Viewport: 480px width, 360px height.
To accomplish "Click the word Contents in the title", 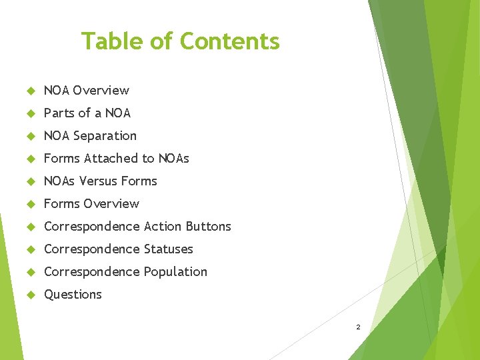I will [230, 41].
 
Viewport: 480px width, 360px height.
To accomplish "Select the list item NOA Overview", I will [86, 90].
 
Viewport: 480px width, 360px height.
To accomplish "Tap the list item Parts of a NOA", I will [87, 113].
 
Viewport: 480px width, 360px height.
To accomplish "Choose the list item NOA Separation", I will [90, 135].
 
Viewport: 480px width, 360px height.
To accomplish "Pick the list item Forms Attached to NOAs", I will [116, 158].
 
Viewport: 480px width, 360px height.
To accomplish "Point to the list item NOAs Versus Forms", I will [100, 181].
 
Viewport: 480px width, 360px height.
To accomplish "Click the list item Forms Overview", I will [91, 203].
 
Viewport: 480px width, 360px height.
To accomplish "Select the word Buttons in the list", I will [209, 226].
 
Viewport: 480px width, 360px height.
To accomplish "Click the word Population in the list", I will [176, 271].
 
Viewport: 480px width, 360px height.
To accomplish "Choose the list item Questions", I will [73, 294].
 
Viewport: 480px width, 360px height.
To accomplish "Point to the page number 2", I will [358, 327].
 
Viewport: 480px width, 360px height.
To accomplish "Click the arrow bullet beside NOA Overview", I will [29, 91].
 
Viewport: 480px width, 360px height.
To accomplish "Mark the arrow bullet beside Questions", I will [29, 295].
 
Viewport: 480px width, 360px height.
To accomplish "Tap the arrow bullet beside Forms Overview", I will [29, 204].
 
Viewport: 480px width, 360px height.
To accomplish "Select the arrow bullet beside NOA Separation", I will [29, 136].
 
